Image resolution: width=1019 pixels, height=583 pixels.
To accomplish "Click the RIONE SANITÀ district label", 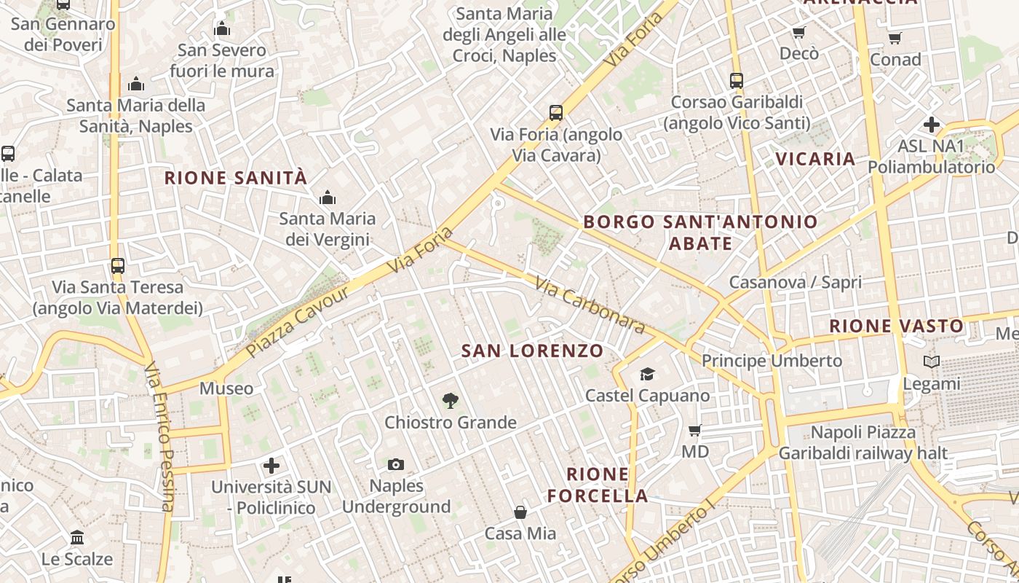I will tap(236, 178).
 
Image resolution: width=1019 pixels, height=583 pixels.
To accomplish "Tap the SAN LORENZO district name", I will tap(533, 351).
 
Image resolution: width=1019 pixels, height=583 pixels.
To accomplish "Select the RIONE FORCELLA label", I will tap(598, 485).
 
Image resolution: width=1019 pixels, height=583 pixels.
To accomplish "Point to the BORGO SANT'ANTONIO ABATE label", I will tap(700, 232).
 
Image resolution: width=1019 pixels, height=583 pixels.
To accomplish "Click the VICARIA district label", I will tap(815, 159).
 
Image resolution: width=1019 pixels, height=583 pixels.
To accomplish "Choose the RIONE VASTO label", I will tap(897, 326).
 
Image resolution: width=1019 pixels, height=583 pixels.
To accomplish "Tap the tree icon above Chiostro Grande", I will tap(451, 400).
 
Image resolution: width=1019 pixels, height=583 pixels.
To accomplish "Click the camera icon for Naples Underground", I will tap(396, 464).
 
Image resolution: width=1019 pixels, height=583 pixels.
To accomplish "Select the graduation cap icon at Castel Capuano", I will tap(647, 375).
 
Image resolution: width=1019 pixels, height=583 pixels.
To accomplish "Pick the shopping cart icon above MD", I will tap(695, 431).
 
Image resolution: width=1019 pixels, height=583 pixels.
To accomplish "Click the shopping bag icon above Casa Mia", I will tap(520, 512).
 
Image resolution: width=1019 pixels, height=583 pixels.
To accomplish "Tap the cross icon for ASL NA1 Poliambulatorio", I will tap(931, 125).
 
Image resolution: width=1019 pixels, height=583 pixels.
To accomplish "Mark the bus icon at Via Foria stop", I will tap(556, 113).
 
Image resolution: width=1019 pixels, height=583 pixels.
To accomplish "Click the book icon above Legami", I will tap(931, 361).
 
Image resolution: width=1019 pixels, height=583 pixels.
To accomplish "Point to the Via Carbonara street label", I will tap(590, 305).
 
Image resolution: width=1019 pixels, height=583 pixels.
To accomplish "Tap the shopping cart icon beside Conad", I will tap(895, 38).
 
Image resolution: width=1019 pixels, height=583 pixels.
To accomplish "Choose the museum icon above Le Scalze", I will tap(77, 538).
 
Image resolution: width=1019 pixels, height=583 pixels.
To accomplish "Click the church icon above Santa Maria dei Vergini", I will tap(328, 197).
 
